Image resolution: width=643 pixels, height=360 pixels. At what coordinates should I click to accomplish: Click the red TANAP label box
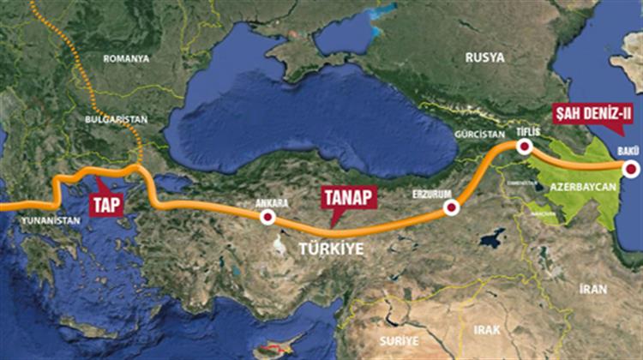click(349, 196)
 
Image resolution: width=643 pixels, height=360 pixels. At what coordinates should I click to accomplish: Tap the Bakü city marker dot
click(631, 170)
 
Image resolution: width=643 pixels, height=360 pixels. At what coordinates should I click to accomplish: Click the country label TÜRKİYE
click(331, 249)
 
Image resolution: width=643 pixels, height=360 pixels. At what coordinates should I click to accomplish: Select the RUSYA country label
click(484, 57)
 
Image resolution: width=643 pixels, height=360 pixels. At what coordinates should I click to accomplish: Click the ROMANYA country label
click(126, 58)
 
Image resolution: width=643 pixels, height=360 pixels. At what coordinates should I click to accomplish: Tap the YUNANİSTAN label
click(50, 220)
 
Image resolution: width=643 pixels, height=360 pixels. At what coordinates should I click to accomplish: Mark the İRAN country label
click(592, 289)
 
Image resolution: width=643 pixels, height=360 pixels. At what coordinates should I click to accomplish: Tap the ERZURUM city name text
click(430, 194)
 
